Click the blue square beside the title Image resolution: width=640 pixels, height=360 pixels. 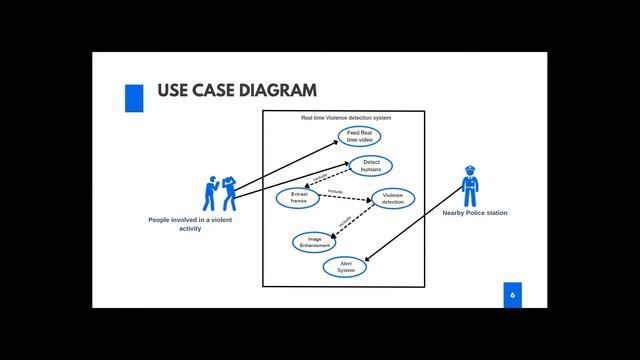point(133,97)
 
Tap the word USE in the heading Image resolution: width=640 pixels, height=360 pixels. point(175,92)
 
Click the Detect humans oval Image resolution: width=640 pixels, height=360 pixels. point(371,165)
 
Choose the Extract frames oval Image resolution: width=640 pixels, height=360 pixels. point(298,197)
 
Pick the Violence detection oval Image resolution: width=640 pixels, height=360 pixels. point(393,198)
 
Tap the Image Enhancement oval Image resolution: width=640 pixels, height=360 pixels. point(314,241)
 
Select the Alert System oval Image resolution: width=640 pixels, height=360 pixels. point(346,267)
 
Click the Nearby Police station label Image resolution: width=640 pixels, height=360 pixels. point(474,213)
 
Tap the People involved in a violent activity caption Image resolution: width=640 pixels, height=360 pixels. point(190,224)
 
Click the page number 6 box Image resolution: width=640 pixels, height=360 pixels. point(512,295)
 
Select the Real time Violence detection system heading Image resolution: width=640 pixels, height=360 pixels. point(346,118)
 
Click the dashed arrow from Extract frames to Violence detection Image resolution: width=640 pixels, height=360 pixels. point(345,198)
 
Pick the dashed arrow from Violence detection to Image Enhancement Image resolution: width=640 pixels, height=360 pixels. point(353,221)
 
